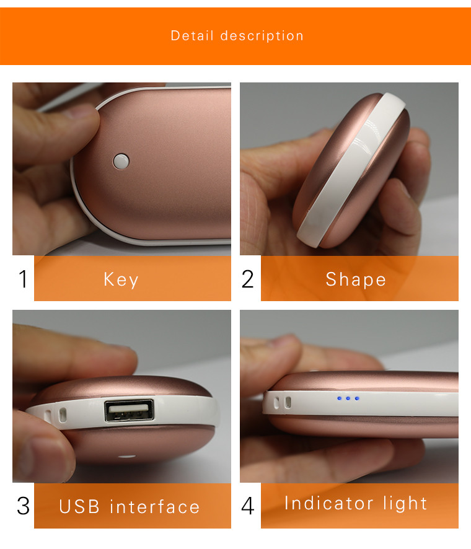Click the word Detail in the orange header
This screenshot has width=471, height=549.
pyautogui.click(x=192, y=36)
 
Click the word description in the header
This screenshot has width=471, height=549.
pyautogui.click(x=262, y=36)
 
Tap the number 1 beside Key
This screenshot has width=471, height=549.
pyautogui.click(x=23, y=279)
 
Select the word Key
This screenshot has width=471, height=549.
pyautogui.click(x=121, y=279)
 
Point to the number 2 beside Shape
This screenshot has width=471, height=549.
pyautogui.click(x=247, y=279)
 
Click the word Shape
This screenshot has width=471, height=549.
pyautogui.click(x=356, y=279)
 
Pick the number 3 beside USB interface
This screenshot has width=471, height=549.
pyautogui.click(x=23, y=506)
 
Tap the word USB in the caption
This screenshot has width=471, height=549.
pyautogui.click(x=79, y=507)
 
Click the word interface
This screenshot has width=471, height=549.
pyautogui.click(x=154, y=507)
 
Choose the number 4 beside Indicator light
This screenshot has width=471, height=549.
pyautogui.click(x=247, y=506)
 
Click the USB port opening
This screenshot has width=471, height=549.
pyautogui.click(x=130, y=410)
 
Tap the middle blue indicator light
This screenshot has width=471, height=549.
pyautogui.click(x=348, y=398)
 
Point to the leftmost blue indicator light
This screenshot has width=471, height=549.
pyautogui.click(x=339, y=398)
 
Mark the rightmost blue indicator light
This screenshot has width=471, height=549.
pyautogui.click(x=357, y=398)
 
